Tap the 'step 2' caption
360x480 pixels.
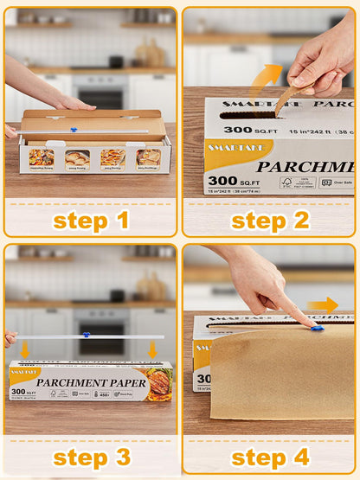[x=270, y=220]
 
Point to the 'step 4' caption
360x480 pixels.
[x=270, y=458]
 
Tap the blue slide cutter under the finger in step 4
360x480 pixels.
[x=316, y=328]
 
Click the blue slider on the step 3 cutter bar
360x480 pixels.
[x=86, y=336]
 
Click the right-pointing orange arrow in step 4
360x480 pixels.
[x=323, y=304]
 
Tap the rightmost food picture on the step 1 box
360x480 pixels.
[x=147, y=157]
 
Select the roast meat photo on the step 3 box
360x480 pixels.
[x=157, y=383]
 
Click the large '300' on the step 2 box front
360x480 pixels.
[x=223, y=182]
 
